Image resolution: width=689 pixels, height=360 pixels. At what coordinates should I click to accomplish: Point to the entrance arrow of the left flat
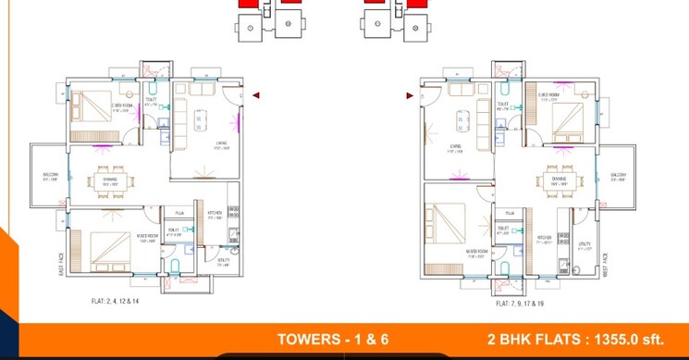(255, 94)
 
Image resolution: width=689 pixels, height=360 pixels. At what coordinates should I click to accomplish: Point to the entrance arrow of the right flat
(410, 94)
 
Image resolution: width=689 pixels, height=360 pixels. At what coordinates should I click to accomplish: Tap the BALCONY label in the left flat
(48, 175)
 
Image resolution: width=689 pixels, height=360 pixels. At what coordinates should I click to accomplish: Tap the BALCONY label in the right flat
(619, 175)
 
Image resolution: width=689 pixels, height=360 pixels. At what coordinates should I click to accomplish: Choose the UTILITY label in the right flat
(584, 245)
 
